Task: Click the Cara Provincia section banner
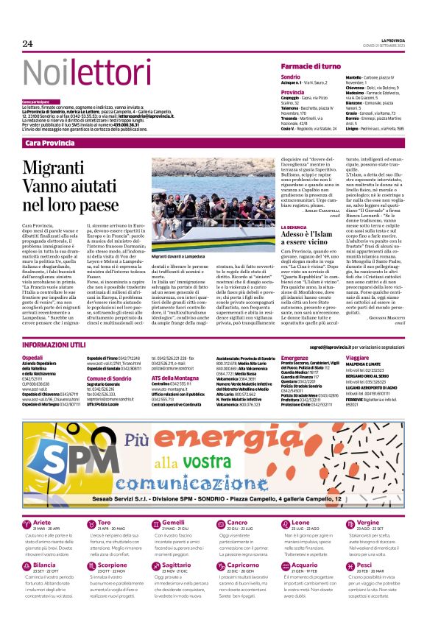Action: click(x=49, y=142)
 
